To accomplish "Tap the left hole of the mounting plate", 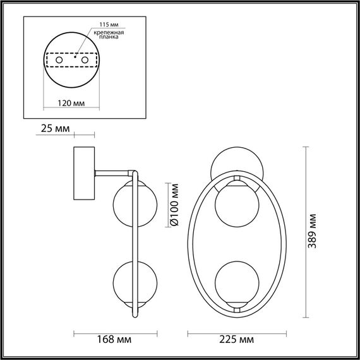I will [x=59, y=60].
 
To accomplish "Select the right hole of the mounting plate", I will [x=83, y=60].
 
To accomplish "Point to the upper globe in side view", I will [x=130, y=203].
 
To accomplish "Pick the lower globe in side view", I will [x=129, y=281].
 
